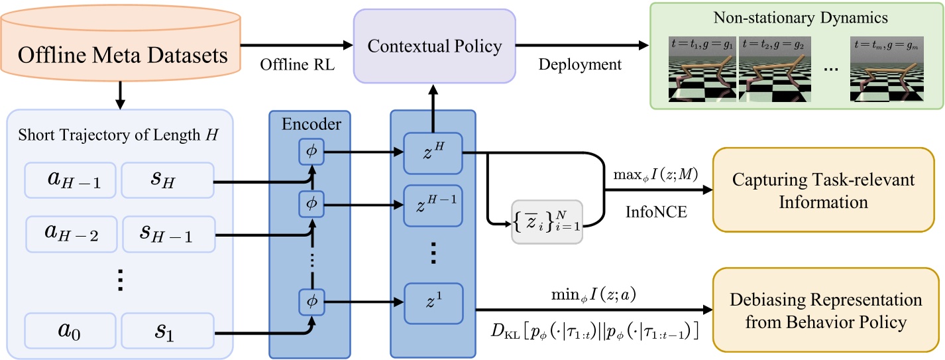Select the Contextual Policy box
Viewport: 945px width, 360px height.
coord(435,46)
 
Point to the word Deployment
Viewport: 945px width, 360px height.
coord(580,64)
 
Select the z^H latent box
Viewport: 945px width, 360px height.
coord(432,154)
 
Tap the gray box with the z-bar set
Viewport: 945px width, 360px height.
coord(547,221)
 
